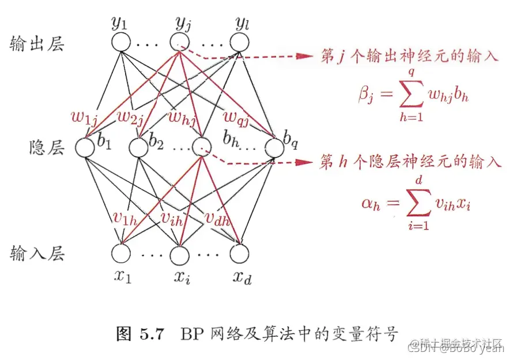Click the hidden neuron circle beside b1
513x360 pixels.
click(x=85, y=148)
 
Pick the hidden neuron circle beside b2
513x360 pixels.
click(x=138, y=148)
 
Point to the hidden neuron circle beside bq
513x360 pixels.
click(x=274, y=148)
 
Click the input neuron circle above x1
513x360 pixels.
click(x=121, y=253)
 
